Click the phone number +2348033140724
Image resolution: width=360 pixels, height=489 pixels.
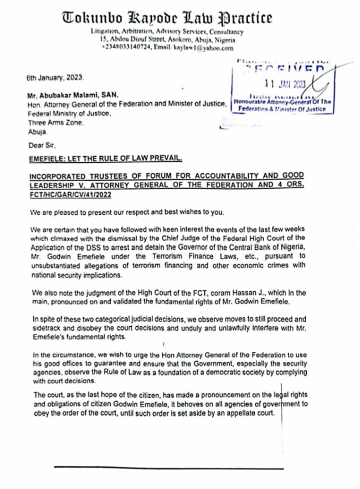pos(125,48)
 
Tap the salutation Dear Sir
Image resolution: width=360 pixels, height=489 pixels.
pos(40,146)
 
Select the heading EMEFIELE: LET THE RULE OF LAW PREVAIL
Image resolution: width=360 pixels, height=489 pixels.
pos(105,159)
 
